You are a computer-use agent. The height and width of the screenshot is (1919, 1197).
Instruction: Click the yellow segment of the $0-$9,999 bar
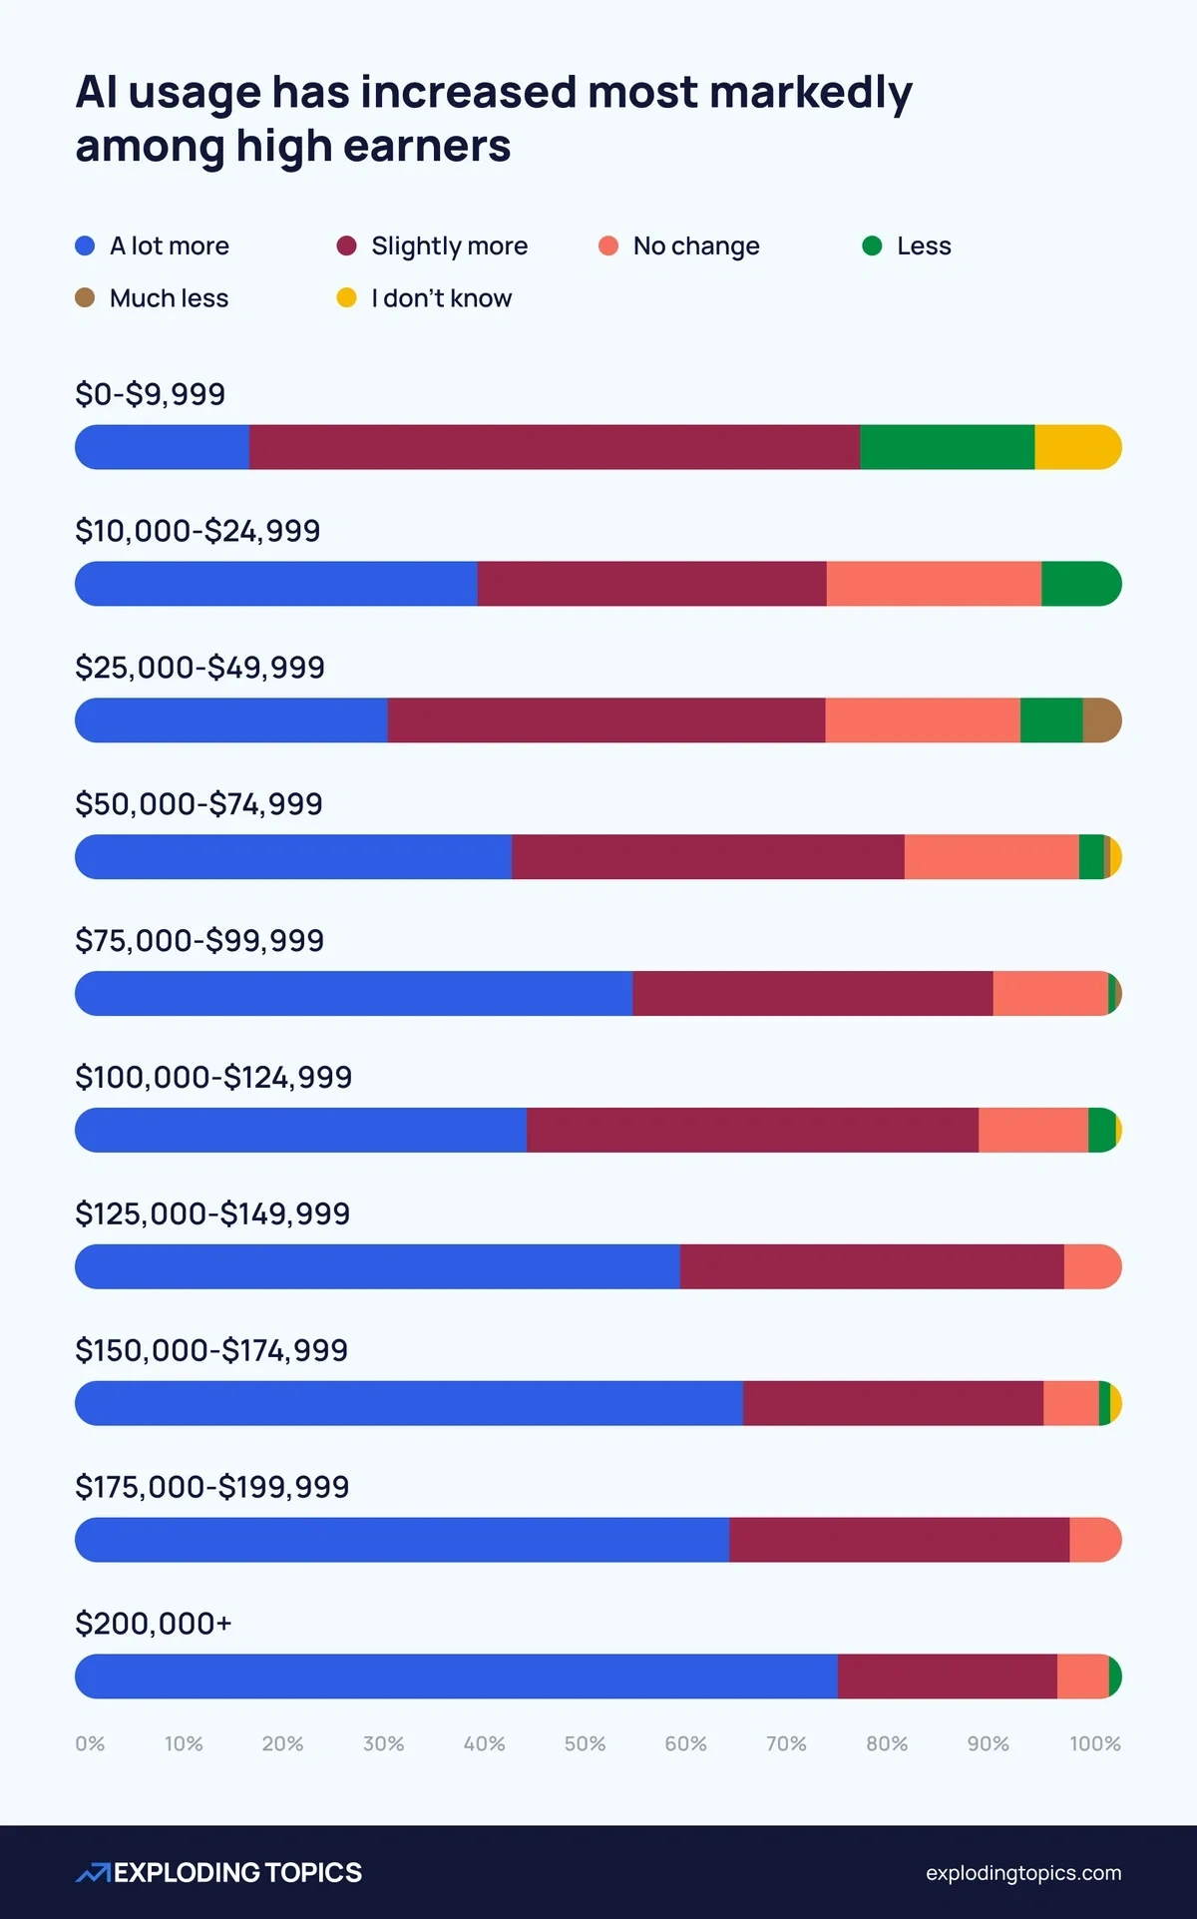[1075, 447]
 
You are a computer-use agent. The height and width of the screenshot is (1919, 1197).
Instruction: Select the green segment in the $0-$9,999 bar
[947, 447]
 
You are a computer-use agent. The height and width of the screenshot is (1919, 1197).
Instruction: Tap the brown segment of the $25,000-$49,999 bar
[1101, 720]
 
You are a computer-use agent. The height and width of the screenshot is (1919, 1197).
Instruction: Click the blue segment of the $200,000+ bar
[456, 1677]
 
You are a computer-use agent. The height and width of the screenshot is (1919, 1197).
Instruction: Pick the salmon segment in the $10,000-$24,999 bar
[934, 584]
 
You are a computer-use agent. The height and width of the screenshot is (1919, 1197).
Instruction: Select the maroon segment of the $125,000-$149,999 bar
[872, 1266]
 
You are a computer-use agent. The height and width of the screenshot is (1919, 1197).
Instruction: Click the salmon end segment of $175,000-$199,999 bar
[1094, 1540]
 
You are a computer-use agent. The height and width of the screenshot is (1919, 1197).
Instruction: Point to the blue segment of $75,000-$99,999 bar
[353, 994]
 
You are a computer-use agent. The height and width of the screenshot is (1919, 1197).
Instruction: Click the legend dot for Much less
[85, 297]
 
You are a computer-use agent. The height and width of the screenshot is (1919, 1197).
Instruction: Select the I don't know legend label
[441, 297]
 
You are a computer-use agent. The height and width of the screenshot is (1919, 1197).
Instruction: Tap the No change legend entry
[695, 245]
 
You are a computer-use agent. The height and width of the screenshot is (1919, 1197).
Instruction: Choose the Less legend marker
[872, 245]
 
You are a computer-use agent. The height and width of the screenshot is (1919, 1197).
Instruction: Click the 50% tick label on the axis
[585, 1743]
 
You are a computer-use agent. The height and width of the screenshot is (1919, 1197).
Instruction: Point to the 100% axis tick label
[1094, 1743]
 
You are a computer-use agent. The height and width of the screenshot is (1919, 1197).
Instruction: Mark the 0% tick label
[90, 1743]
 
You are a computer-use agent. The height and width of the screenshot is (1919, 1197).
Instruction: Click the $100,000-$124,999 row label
[213, 1077]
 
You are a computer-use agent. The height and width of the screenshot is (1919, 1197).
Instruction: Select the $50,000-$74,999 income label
[199, 803]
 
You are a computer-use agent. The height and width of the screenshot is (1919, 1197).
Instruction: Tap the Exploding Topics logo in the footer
[219, 1872]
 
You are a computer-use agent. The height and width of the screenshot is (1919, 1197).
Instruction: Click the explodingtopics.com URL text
[1022, 1873]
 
